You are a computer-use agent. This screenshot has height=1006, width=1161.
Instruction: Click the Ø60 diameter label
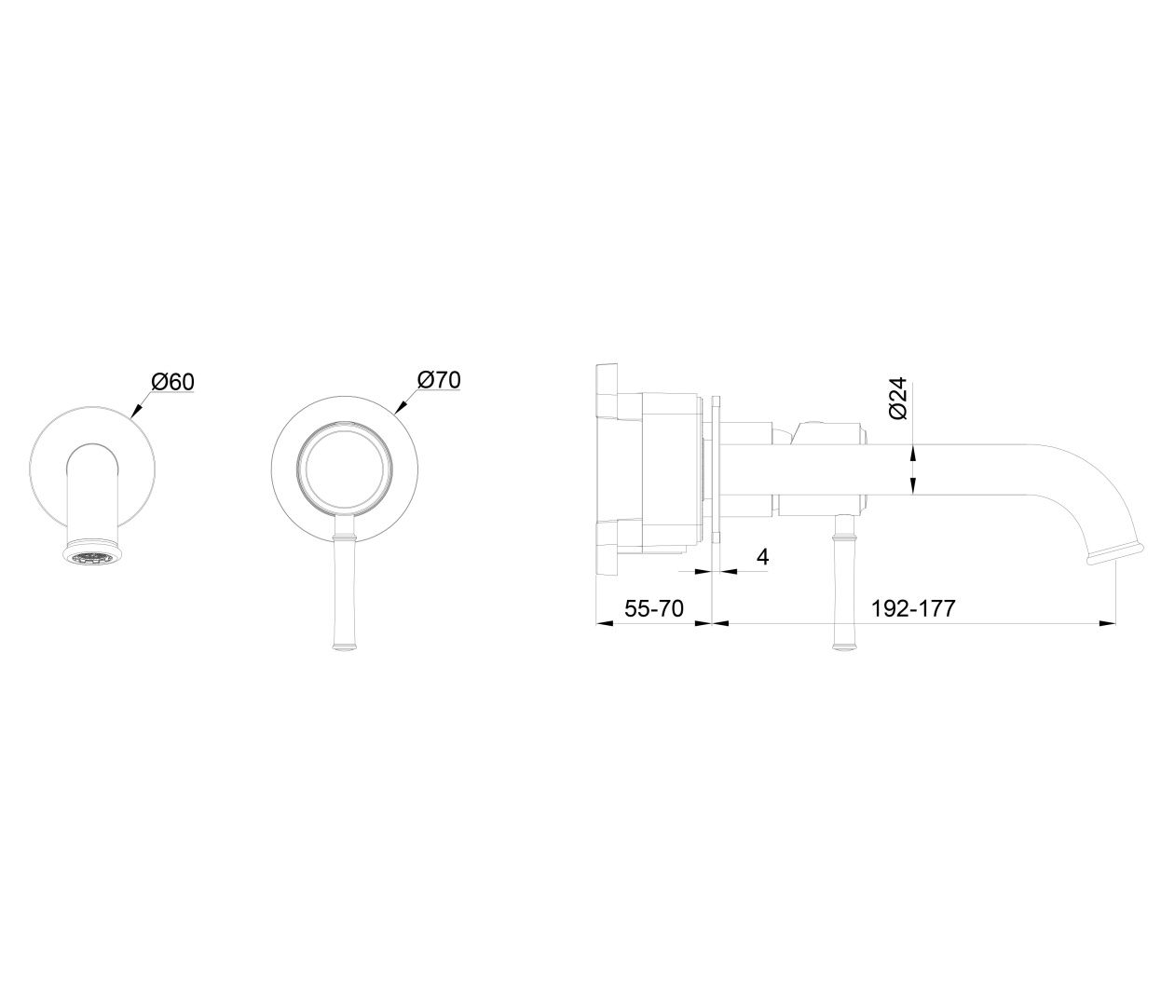173,382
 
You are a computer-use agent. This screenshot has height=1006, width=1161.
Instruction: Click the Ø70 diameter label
439,380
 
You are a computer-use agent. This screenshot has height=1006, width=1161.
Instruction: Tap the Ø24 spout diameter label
898,398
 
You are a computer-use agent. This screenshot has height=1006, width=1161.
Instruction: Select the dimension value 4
762,557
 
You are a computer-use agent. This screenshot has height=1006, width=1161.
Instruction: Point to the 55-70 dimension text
654,608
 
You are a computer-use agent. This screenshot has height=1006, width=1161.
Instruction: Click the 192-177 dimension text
913,608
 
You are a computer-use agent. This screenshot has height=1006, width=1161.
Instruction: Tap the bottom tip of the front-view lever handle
343,650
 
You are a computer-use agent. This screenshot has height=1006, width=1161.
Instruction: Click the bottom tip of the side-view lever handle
845,650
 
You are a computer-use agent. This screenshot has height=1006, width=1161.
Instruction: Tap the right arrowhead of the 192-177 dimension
1108,622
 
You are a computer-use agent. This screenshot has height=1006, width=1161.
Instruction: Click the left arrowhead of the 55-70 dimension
603,622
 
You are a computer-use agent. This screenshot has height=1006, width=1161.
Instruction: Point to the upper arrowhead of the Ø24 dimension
913,453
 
